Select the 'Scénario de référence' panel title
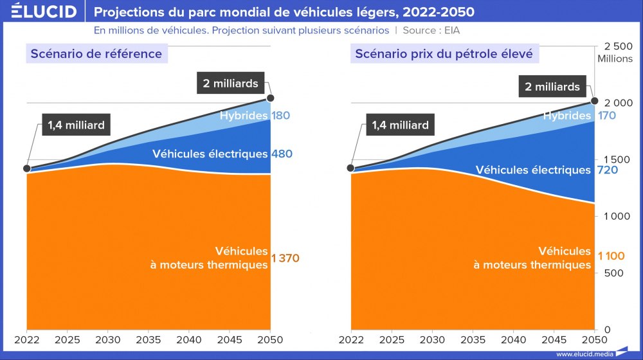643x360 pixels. [x=96, y=53]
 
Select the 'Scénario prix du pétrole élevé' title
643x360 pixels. [x=444, y=53]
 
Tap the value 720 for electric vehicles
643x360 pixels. [x=607, y=170]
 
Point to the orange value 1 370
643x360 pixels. [x=285, y=258]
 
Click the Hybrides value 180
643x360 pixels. [x=280, y=116]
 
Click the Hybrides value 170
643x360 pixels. [x=606, y=116]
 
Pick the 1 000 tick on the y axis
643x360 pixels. [x=618, y=217]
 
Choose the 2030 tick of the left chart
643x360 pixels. [x=107, y=339]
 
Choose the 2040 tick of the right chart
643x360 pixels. [x=512, y=339]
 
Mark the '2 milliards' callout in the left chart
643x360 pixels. [x=230, y=84]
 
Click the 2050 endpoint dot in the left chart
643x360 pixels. [x=271, y=98]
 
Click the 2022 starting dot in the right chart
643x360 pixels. [x=350, y=168]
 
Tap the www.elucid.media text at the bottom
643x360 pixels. [x=584, y=354]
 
